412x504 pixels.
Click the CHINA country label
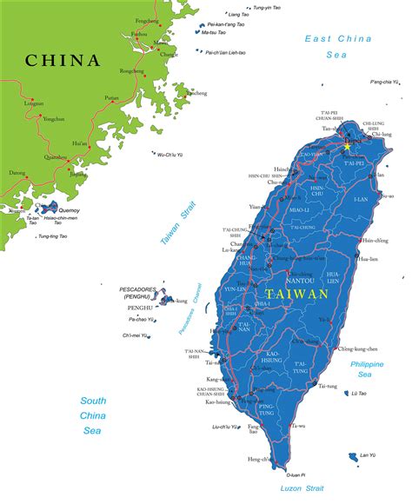pyautogui.click(x=63, y=60)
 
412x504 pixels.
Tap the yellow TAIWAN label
pyautogui.click(x=297, y=294)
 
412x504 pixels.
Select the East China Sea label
pyautogui.click(x=338, y=45)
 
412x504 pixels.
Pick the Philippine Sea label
pyautogui.click(x=365, y=368)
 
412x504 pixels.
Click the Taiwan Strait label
pyautogui.click(x=176, y=224)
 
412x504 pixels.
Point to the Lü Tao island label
pyautogui.click(x=358, y=394)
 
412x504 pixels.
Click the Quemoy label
pyautogui.click(x=56, y=209)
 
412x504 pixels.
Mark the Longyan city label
pyautogui.click(x=34, y=103)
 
